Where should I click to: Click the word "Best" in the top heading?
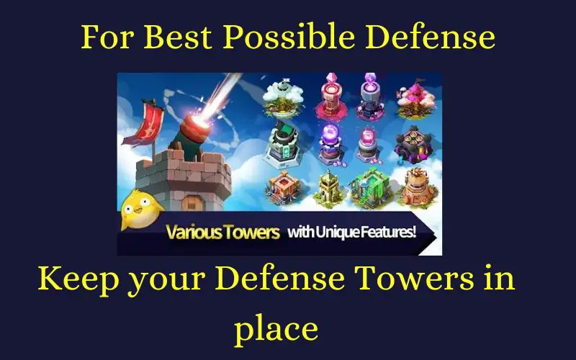coord(177,37)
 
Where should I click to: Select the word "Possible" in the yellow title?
coord(289,37)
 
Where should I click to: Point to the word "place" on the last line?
coord(276,328)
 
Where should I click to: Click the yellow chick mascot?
coord(140,210)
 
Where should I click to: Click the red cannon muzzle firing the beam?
coord(197,127)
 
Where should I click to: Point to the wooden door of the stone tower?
coord(192,203)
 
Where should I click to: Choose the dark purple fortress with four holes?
coord(413,145)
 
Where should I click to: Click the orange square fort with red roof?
coord(283,187)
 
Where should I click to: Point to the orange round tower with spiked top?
coord(419,187)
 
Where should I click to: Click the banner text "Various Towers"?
coord(222,232)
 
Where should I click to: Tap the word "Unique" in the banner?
coord(336,232)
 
